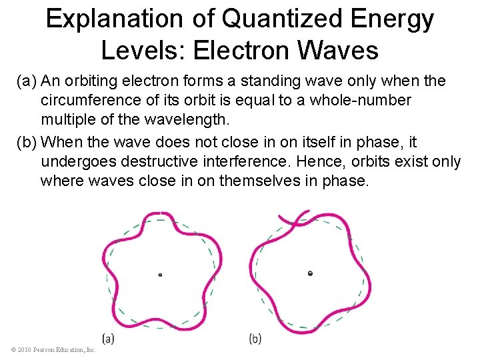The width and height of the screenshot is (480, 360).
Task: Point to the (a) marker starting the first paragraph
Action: click(x=27, y=81)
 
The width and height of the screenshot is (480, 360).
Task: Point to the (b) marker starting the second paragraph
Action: click(x=27, y=142)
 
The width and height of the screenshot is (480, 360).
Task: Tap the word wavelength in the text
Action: click(x=192, y=120)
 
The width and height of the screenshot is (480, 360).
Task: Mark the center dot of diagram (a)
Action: click(x=160, y=274)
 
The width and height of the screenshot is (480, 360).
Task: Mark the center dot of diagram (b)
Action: click(x=310, y=273)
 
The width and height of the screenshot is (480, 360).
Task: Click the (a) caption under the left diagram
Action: click(x=109, y=338)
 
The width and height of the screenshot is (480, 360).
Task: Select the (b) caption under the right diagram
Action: click(x=255, y=338)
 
